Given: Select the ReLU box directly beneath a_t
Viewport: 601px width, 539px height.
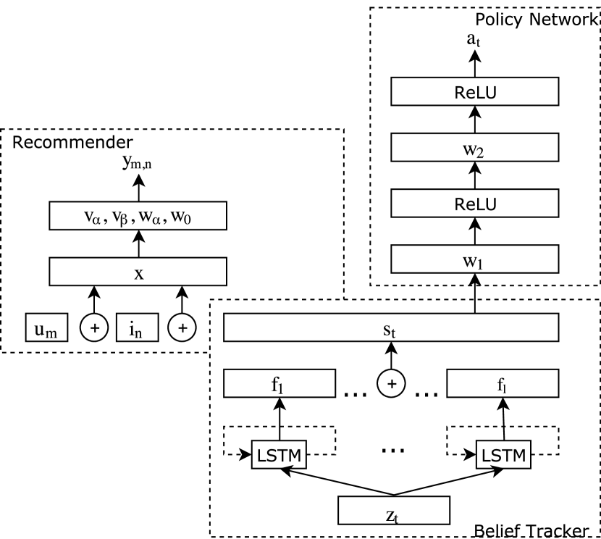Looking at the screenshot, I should tap(475, 92).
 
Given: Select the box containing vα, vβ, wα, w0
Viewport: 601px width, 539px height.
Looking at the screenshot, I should tap(138, 216).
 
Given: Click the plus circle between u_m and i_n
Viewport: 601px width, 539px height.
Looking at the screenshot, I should tap(93, 327).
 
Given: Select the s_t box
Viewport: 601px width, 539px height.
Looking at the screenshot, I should tap(391, 327).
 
